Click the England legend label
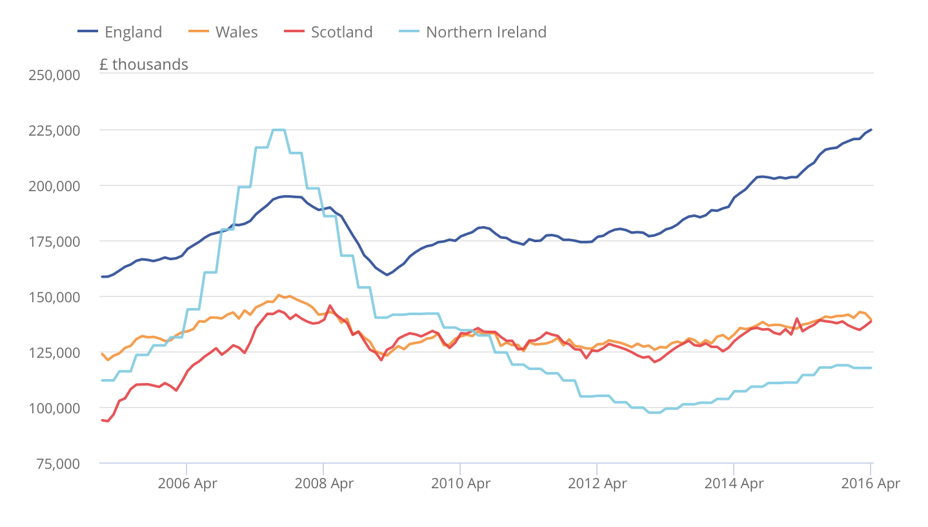[133, 32]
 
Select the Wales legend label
[236, 32]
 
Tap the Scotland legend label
[341, 32]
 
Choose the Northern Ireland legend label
[486, 32]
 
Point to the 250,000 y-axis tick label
[54, 74]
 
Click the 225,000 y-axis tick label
[54, 130]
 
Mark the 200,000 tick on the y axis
[54, 185]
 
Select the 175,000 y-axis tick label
[54, 241]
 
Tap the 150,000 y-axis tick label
[54, 296]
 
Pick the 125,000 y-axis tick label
[54, 352]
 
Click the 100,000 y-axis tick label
[54, 408]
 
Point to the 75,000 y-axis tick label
[57, 463]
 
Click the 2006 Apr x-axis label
[187, 483]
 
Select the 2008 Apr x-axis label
[323, 483]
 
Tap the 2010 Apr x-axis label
[460, 483]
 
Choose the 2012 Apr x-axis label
[597, 483]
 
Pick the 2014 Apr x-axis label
[734, 483]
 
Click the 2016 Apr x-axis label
[871, 483]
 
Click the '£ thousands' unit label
[144, 64]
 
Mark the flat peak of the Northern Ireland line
[279, 130]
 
